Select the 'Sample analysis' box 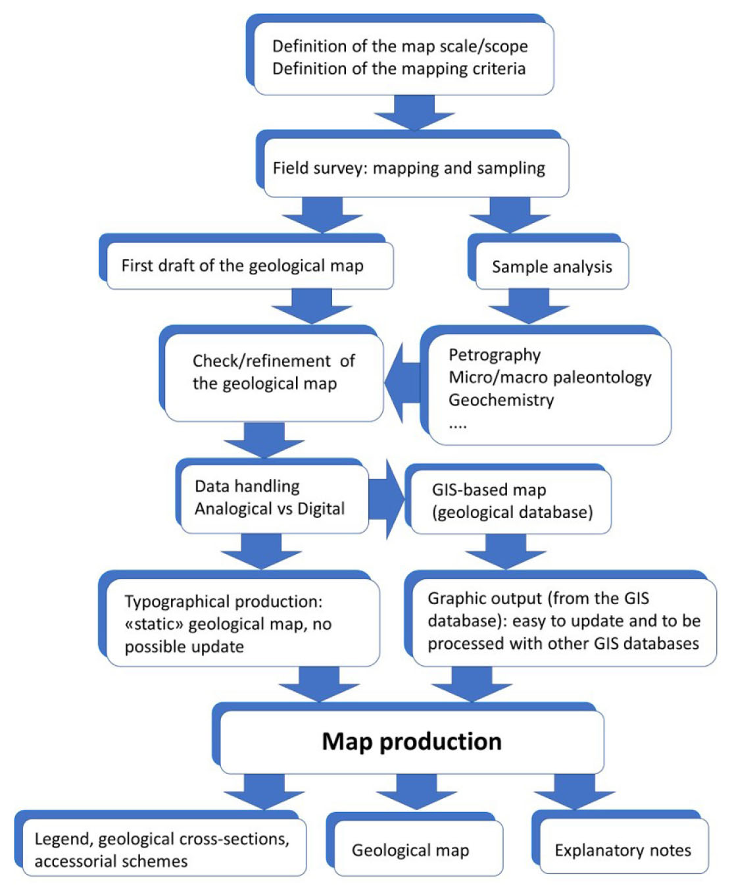coord(552,267)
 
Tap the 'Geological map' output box coord(411,850)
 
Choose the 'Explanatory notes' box coord(623,850)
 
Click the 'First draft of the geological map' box coord(243,265)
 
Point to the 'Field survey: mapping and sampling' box coord(409,168)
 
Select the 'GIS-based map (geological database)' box coord(512,501)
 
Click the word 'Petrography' coord(495,355)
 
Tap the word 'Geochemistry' coord(501,399)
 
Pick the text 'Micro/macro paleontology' coord(550,377)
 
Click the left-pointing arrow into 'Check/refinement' coord(402,382)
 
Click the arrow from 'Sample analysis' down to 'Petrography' coord(529,307)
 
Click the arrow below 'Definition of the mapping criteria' coord(414,112)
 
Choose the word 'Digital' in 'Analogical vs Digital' coord(321,509)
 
